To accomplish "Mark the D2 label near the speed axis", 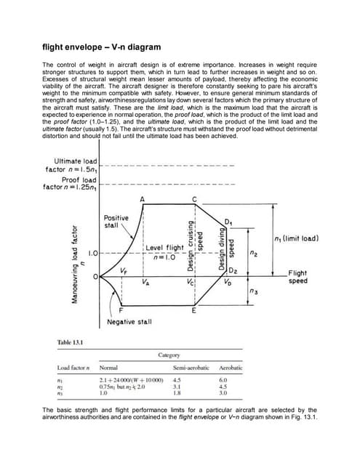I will (234, 270).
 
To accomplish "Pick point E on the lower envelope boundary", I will (193, 310).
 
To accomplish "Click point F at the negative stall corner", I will (120, 310).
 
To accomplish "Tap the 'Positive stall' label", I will (116, 221).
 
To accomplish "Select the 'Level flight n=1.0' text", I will (164, 252).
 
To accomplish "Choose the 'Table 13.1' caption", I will (70, 342).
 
